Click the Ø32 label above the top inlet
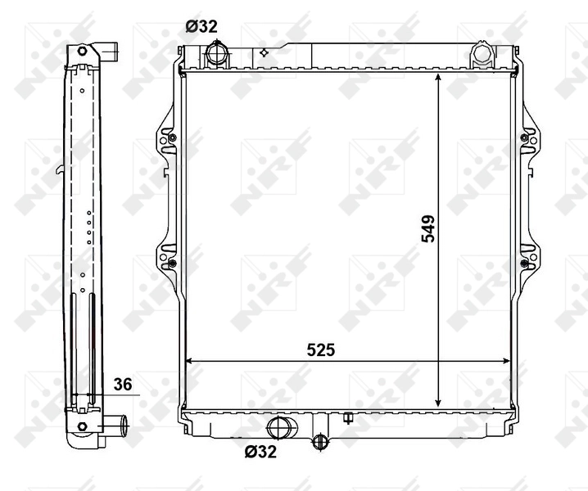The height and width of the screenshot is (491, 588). click(x=201, y=26)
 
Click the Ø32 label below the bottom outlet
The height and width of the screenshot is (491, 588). click(x=260, y=450)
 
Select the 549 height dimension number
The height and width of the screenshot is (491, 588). click(x=427, y=230)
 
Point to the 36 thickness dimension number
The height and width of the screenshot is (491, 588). click(x=123, y=383)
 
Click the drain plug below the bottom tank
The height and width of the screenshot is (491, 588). click(x=320, y=443)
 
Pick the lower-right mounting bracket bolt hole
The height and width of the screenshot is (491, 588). click(x=523, y=263)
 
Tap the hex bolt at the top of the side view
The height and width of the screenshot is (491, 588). click(x=82, y=52)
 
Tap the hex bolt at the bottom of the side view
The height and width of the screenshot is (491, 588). click(x=82, y=426)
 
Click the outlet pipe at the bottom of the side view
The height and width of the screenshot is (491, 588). click(x=115, y=426)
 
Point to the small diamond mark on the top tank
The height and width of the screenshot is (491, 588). click(x=264, y=52)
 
